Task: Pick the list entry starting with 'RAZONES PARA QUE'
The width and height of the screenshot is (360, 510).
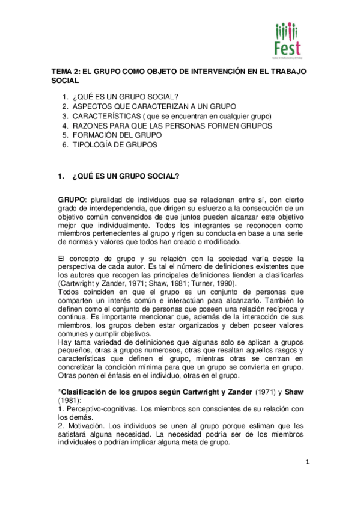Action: pos(172,125)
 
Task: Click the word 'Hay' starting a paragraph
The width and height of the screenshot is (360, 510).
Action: pos(64,342)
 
